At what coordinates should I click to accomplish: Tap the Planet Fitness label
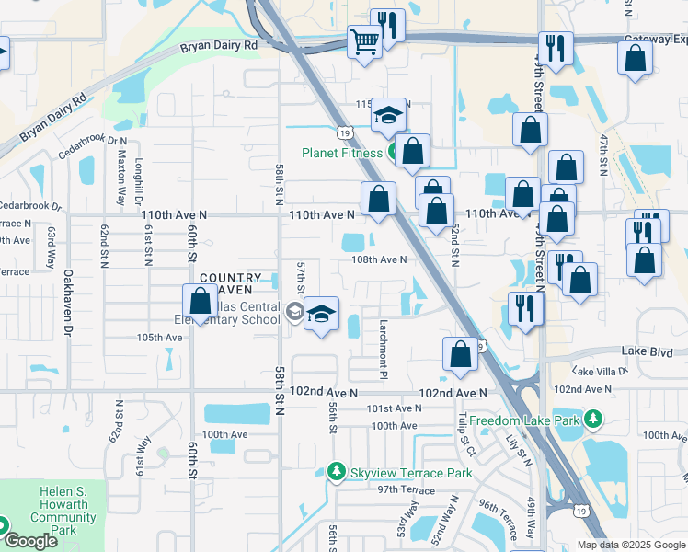(344, 153)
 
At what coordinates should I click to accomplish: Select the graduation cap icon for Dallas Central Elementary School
(321, 314)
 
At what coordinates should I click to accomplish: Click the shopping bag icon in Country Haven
(200, 301)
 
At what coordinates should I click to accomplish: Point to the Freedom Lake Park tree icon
(593, 420)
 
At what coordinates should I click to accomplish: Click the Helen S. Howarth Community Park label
(63, 511)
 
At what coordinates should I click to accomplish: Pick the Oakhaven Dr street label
(68, 299)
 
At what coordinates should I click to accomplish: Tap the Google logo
(30, 541)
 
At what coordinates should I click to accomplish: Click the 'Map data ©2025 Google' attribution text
(631, 545)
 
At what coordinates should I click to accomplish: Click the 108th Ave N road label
(379, 260)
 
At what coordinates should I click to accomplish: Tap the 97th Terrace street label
(399, 490)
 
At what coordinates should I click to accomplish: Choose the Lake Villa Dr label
(599, 371)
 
